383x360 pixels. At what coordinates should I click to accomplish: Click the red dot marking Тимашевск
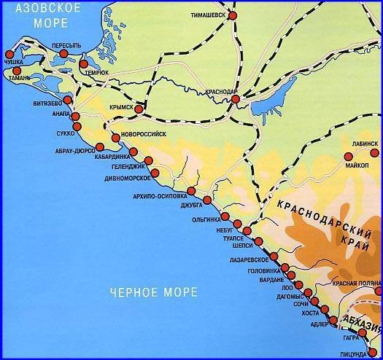(x=233, y=15)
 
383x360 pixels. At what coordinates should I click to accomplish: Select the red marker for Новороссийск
(x=116, y=138)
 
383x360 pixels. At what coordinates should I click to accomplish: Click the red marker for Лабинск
(x=348, y=155)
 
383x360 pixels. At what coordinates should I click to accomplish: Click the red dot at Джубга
(x=208, y=200)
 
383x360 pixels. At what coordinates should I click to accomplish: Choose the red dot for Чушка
(x=9, y=55)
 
